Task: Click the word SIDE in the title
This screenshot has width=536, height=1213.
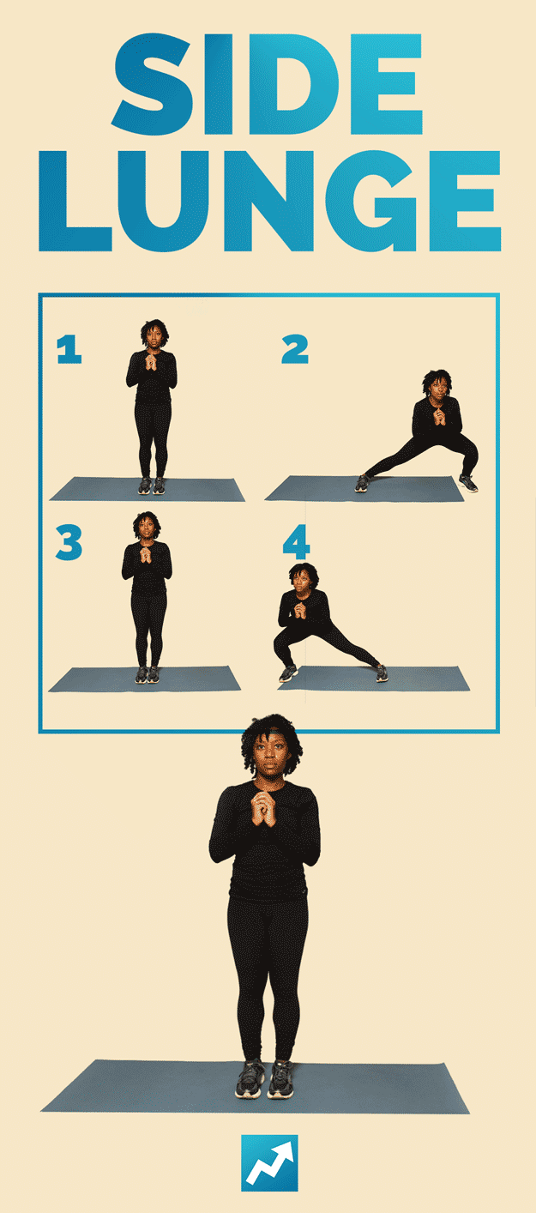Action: pos(267,84)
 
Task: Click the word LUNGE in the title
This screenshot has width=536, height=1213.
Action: pos(269,201)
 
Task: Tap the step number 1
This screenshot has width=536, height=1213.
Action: pos(69,349)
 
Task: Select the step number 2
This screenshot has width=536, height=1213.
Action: pos(295,349)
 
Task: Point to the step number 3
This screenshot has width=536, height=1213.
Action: pos(69,542)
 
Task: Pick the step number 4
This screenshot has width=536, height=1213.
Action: pos(296,542)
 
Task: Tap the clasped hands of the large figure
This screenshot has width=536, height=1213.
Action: pos(265,808)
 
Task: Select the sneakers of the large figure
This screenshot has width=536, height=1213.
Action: pos(265,1078)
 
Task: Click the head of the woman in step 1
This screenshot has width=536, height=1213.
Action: pos(154,334)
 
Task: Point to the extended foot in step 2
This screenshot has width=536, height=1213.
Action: pos(362,483)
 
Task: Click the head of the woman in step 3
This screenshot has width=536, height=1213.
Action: pos(147,525)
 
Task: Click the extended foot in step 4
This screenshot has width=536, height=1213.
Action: pos(382,673)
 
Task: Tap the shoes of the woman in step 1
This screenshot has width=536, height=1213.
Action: pos(152,486)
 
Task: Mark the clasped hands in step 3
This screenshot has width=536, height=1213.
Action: pos(146,556)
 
